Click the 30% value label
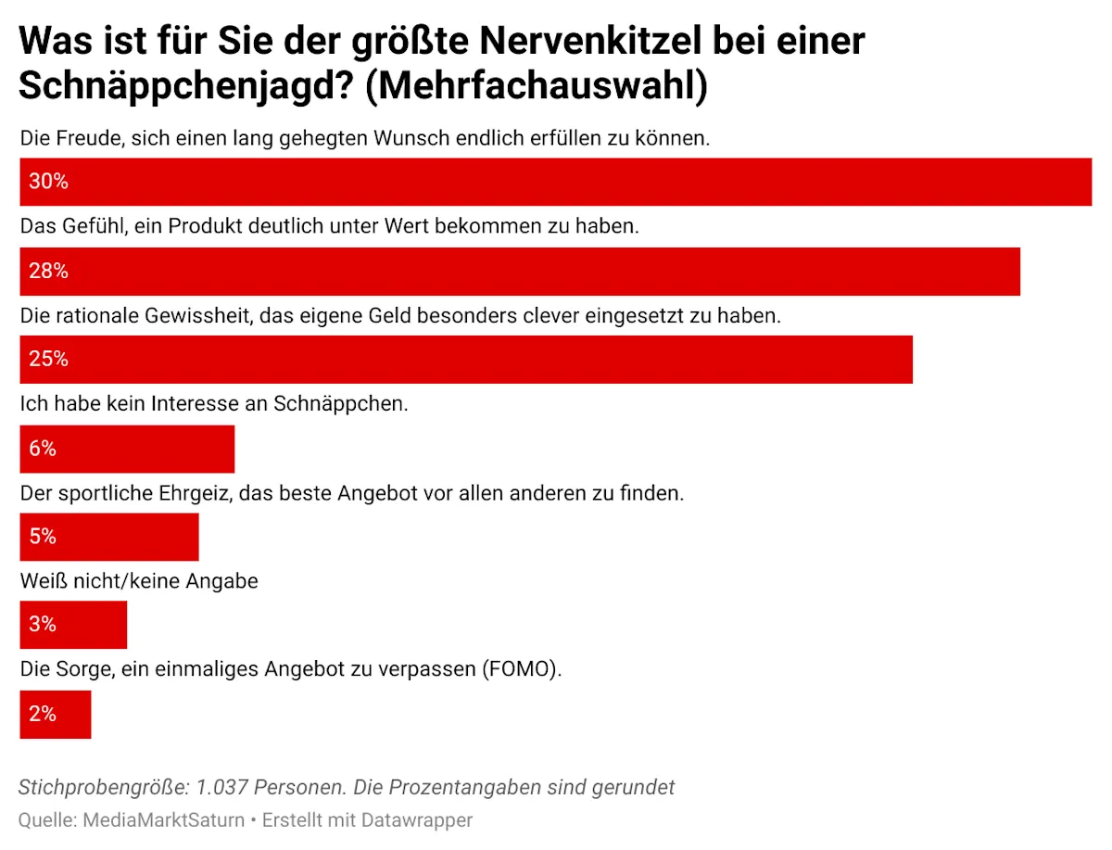[49, 182]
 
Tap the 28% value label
[49, 272]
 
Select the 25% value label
[49, 359]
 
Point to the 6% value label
[44, 449]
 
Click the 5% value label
[44, 537]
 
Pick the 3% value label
[44, 625]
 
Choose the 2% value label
[44, 714]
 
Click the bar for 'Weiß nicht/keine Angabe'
[73, 625]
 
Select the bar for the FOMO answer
[56, 714]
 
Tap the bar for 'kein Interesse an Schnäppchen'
[127, 449]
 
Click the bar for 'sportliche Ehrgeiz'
[109, 537]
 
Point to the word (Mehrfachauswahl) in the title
[538, 86]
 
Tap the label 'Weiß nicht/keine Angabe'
[139, 582]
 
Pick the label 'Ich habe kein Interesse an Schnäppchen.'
[214, 405]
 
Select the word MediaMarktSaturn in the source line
[164, 820]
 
